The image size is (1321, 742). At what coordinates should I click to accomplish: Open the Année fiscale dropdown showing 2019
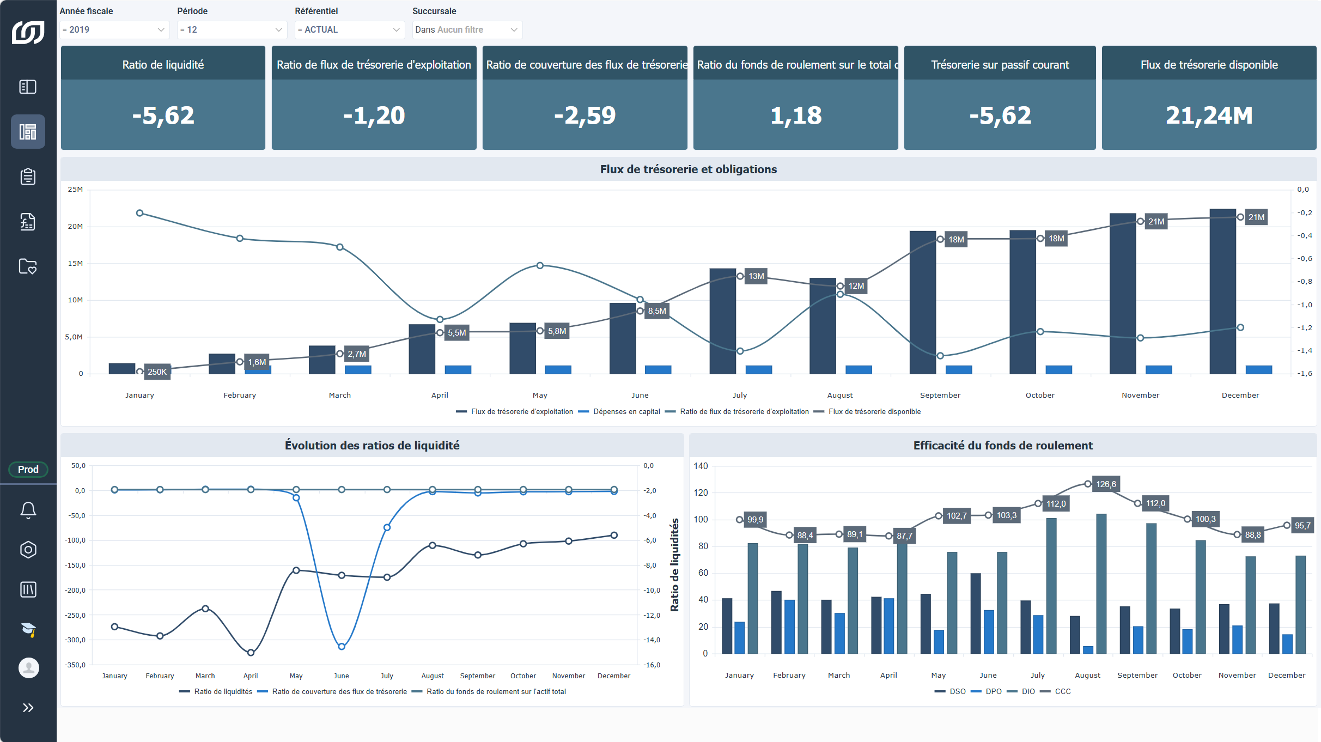tap(114, 30)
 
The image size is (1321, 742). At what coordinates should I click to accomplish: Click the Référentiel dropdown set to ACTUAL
tap(349, 30)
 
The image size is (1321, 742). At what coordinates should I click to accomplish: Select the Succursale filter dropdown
tap(467, 30)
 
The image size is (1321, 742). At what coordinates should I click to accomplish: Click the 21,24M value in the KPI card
tap(1209, 115)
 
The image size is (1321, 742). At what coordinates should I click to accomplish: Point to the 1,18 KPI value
tap(796, 115)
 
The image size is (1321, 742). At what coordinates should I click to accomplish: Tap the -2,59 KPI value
tap(585, 115)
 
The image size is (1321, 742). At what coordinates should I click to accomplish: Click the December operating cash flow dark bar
tap(1222, 291)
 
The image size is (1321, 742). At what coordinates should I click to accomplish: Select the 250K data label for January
tap(157, 372)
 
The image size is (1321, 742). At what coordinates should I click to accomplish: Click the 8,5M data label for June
tap(657, 311)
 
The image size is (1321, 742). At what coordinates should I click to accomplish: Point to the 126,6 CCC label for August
tap(1106, 484)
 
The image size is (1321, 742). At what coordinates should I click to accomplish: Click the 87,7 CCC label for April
tap(904, 536)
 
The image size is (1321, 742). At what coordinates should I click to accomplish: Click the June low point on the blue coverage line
tap(342, 647)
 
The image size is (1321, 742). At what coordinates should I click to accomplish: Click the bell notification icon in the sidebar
tap(28, 510)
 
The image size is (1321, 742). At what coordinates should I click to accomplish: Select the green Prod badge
tap(28, 470)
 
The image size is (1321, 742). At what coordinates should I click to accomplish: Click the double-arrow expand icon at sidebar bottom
tap(28, 708)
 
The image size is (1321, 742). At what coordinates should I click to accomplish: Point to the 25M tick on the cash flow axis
tap(75, 190)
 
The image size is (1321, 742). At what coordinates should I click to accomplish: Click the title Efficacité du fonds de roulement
tap(1003, 446)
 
